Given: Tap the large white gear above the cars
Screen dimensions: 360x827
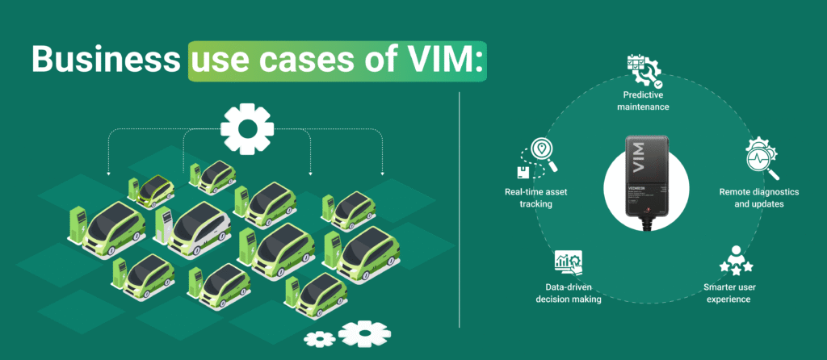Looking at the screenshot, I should tap(246, 128).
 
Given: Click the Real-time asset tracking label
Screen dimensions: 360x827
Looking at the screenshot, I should tap(529, 198).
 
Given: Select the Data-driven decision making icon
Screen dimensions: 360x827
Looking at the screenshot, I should tap(569, 262).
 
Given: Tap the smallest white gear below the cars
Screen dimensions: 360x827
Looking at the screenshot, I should tap(321, 338).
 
